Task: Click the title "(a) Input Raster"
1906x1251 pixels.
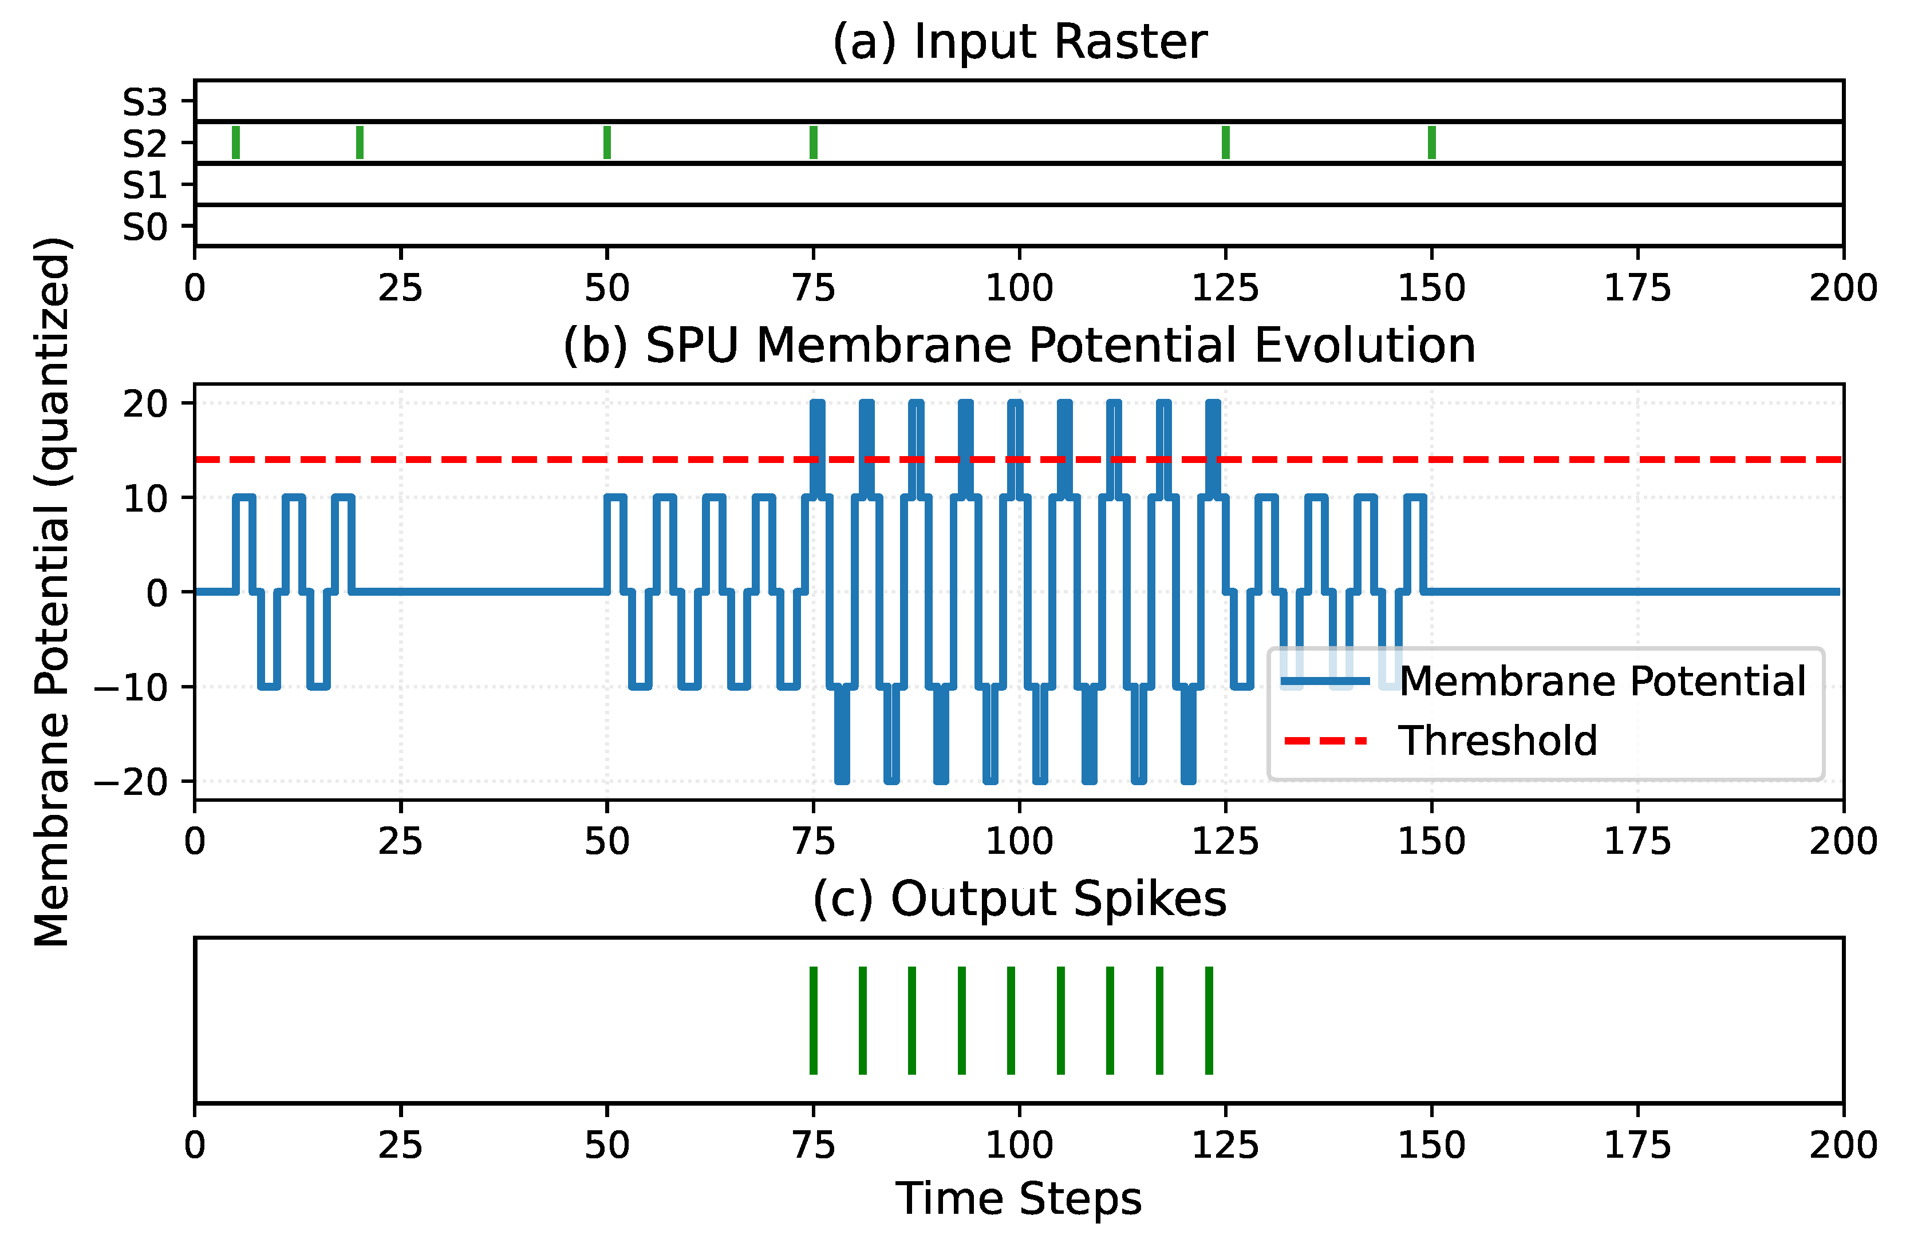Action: tap(1019, 42)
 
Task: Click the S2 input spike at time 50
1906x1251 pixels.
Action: tap(607, 142)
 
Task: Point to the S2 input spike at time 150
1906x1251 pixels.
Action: tap(1431, 142)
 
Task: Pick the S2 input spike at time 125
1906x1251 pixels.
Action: tap(1225, 142)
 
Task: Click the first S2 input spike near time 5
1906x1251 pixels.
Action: tap(235, 142)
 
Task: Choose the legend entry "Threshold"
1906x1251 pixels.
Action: tap(1498, 741)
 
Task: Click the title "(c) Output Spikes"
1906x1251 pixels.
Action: tap(1019, 898)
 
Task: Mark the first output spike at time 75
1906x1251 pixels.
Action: tap(814, 1020)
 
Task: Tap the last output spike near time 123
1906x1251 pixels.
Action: tap(1209, 1020)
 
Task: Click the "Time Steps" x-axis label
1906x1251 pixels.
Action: tap(1019, 1198)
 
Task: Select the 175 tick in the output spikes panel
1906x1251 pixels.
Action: tap(1637, 1145)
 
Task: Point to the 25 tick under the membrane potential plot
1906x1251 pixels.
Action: tap(400, 841)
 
